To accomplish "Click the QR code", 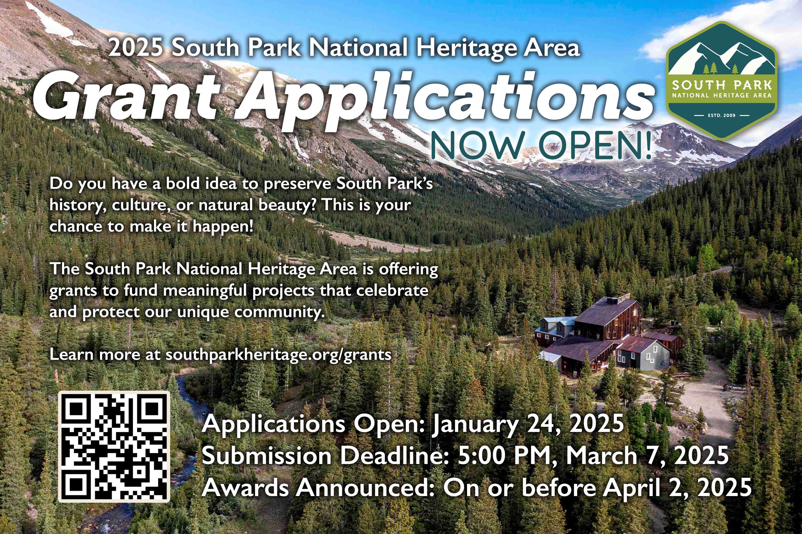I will coord(114,446).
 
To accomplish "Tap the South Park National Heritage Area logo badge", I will coord(721,81).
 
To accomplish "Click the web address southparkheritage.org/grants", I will coord(278,355).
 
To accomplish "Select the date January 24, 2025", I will coord(528,424).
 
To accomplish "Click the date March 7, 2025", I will coord(647,456).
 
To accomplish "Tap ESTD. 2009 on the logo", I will coord(721,115).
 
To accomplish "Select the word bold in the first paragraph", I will coord(183,183).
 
